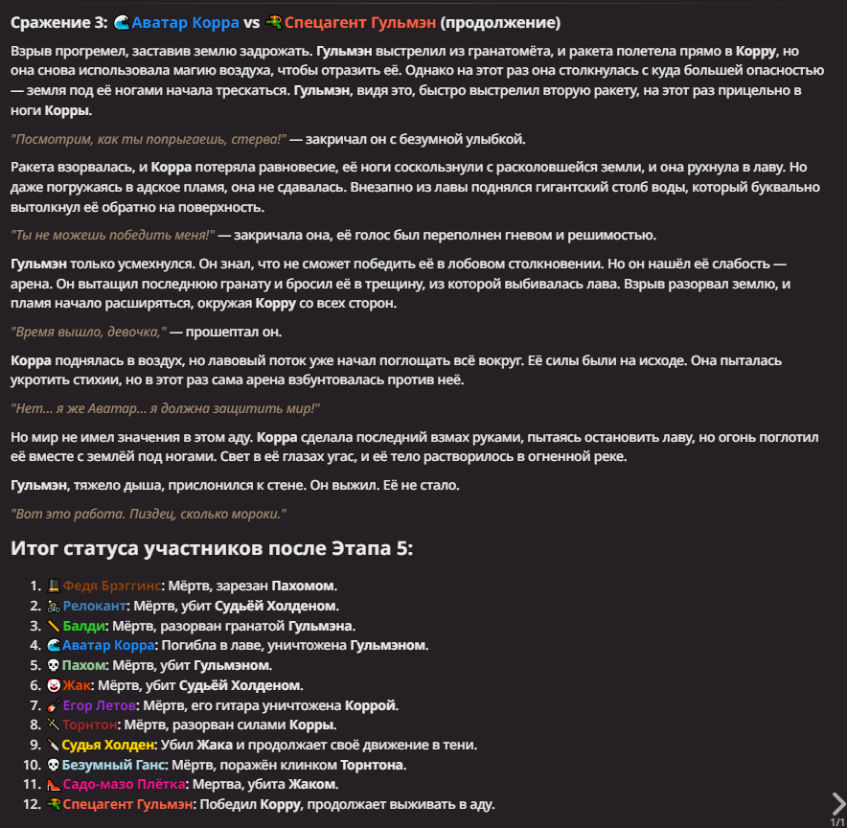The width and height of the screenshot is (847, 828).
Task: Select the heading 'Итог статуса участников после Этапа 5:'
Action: tap(212, 548)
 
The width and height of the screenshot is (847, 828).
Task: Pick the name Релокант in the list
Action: tap(94, 606)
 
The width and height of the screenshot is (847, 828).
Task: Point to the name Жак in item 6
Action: tap(77, 685)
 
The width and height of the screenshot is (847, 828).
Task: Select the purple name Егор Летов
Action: tap(102, 705)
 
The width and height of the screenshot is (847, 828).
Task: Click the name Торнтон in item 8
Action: tap(91, 724)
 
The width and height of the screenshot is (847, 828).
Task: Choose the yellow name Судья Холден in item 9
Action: tap(108, 745)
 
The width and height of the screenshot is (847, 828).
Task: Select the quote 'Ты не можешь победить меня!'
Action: tap(112, 235)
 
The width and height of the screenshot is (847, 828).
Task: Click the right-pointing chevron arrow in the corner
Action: tap(837, 802)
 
